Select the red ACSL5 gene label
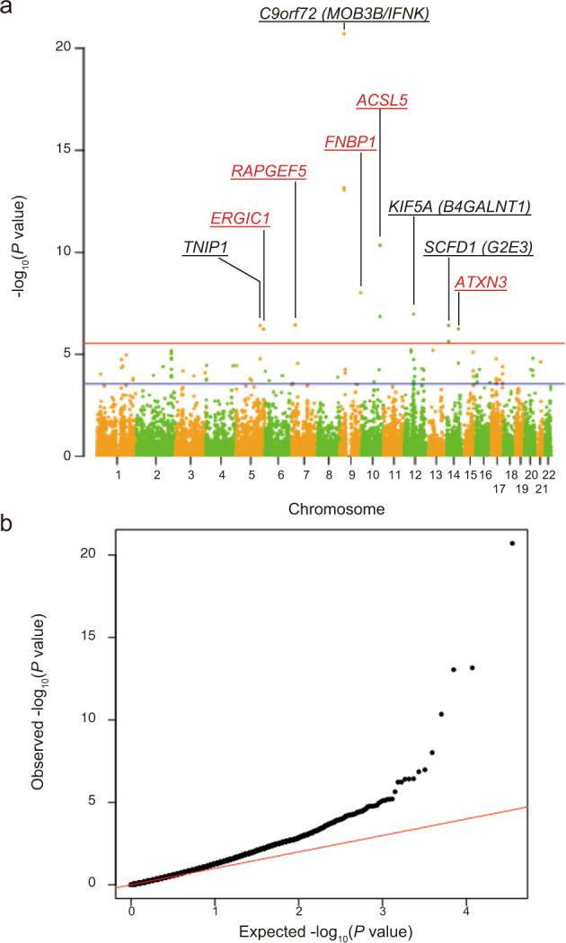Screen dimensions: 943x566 coord(382,100)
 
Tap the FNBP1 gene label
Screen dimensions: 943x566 coord(349,142)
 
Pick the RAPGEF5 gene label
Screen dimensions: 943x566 coord(269,172)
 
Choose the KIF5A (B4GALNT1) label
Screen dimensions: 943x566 coord(459,207)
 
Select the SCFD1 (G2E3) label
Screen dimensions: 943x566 coord(478,247)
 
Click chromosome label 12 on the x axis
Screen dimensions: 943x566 coord(414,472)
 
